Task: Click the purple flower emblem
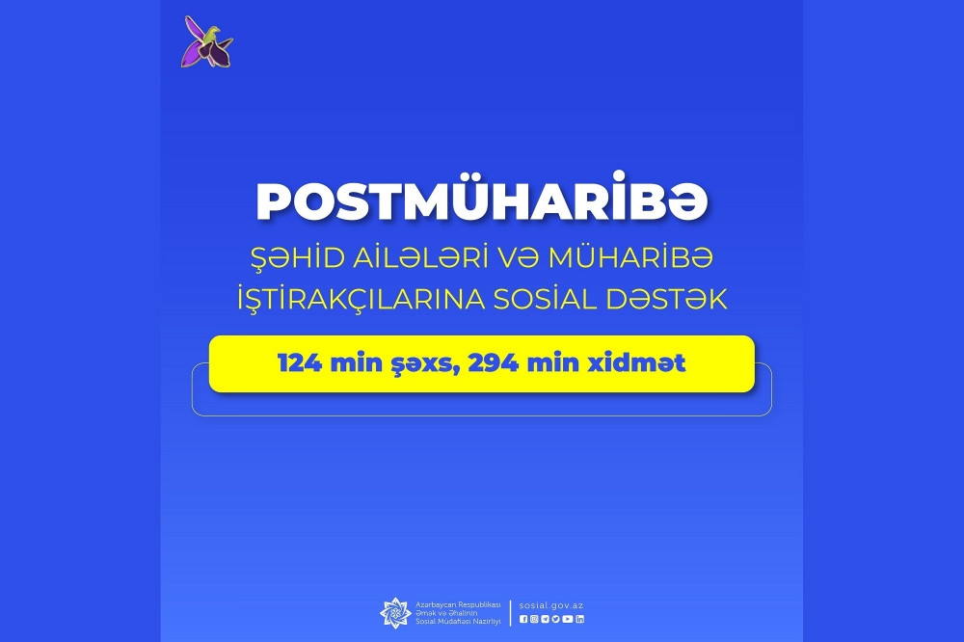(207, 43)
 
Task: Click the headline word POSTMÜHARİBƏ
(482, 201)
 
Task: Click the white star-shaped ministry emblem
(395, 612)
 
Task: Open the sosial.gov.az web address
(551, 605)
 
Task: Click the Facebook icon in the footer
(523, 619)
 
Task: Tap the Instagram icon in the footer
(534, 619)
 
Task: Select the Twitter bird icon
(556, 619)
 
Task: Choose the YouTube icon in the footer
(568, 619)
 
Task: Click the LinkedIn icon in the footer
(579, 619)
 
